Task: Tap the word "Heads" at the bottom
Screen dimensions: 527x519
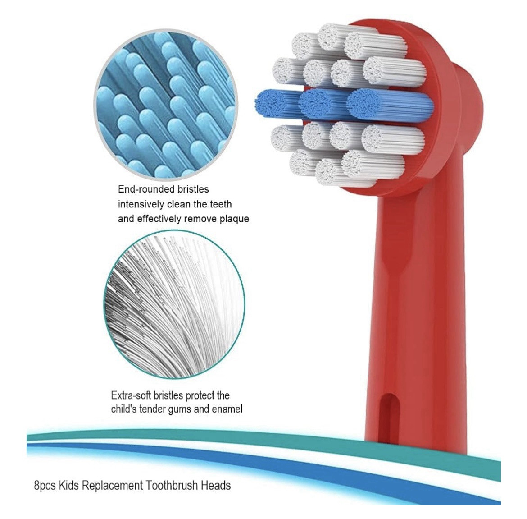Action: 218,486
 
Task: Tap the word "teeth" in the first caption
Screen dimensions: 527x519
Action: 221,204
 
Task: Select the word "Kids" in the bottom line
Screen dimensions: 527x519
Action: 68,486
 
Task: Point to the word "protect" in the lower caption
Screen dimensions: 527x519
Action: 200,396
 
